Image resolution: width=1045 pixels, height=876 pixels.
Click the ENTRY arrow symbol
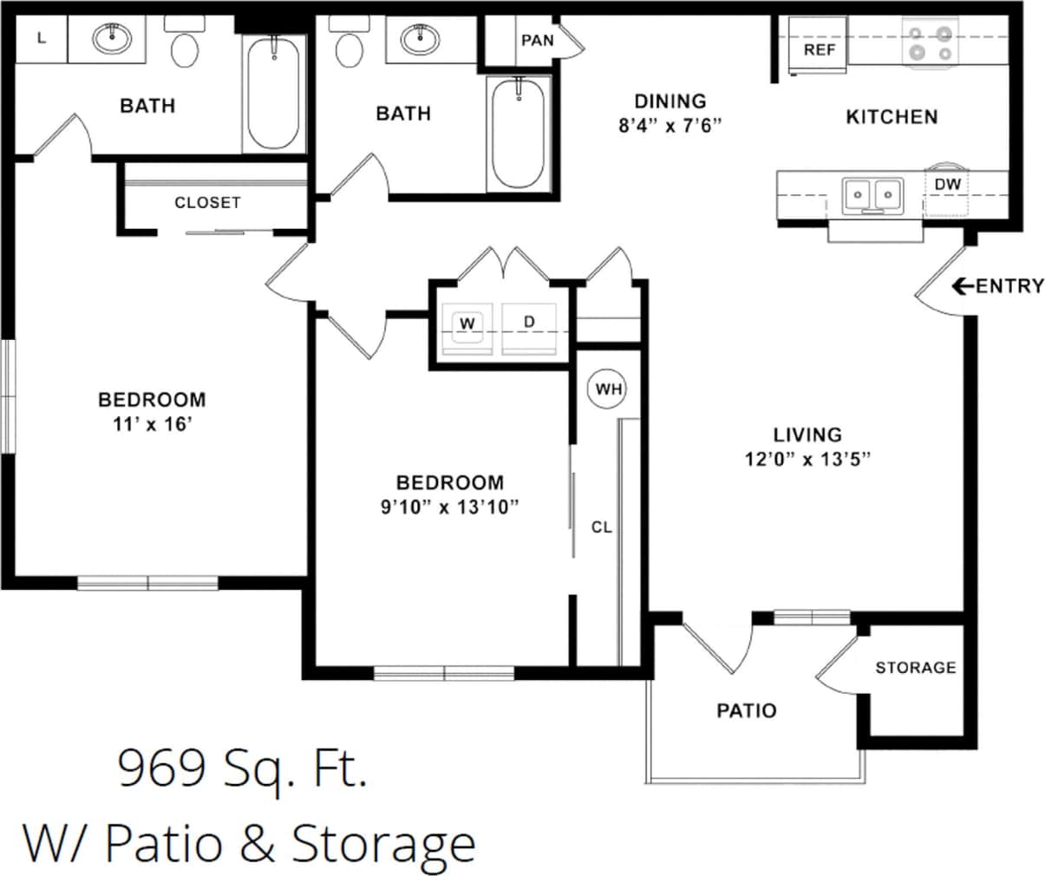click(962, 285)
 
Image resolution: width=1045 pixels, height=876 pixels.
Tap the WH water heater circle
click(609, 389)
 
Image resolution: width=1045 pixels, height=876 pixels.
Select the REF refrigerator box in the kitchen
click(819, 49)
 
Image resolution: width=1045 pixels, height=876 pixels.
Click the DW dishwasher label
click(947, 185)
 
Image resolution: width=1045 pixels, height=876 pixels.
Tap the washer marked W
click(467, 324)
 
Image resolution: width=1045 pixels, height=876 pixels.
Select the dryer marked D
click(530, 323)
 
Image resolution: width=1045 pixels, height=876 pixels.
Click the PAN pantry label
click(537, 41)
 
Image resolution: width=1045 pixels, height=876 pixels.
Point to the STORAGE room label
click(915, 667)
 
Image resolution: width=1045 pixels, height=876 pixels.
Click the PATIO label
click(747, 710)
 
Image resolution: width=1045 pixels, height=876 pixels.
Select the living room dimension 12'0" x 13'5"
click(807, 459)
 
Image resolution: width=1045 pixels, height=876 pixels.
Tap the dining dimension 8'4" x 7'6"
click(669, 125)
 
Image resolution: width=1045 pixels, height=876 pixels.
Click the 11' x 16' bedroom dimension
click(152, 424)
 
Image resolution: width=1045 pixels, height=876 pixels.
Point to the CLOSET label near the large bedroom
click(207, 202)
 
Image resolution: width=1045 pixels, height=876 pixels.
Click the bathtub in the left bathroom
click(273, 94)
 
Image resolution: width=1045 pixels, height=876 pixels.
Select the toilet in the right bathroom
click(349, 50)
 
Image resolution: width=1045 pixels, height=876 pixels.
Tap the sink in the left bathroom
click(111, 39)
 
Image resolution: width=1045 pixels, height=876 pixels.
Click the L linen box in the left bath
click(42, 37)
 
